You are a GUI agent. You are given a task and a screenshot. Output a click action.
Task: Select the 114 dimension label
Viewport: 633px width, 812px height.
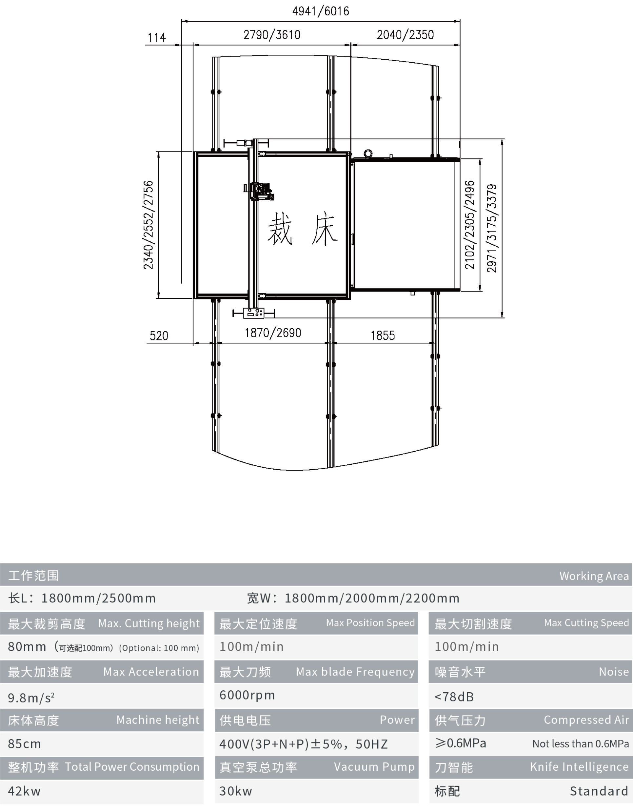pyautogui.click(x=156, y=38)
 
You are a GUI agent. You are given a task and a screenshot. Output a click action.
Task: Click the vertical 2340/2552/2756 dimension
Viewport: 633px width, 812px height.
pyautogui.click(x=148, y=225)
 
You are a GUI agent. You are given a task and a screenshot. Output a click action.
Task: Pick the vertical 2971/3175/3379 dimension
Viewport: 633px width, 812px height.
pyautogui.click(x=491, y=228)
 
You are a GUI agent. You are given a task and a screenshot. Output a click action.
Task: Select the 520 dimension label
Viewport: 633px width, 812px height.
pyautogui.click(x=159, y=336)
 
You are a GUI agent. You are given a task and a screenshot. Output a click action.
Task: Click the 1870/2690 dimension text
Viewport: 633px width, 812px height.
pyautogui.click(x=273, y=333)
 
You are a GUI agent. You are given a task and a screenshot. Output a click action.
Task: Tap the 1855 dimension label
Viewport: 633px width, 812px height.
pyautogui.click(x=383, y=335)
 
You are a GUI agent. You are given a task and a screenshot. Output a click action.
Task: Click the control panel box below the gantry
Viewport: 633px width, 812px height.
pyautogui.click(x=254, y=313)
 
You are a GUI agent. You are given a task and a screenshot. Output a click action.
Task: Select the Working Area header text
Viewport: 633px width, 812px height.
pyautogui.click(x=594, y=576)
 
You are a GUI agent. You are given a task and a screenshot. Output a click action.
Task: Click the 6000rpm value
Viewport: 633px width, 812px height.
pyautogui.click(x=247, y=695)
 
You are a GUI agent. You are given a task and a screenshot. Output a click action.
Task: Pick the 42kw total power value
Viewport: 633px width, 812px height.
pyautogui.click(x=24, y=791)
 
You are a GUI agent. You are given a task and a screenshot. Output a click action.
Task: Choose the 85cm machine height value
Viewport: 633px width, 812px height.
pyautogui.click(x=25, y=743)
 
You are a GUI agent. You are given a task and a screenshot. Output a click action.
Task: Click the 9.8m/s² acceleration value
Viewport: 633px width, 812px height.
pyautogui.click(x=31, y=698)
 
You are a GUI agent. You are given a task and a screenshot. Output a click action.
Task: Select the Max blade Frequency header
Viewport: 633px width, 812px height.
pyautogui.click(x=355, y=671)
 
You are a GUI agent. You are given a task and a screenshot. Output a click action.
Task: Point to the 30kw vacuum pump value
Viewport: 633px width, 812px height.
pyautogui.click(x=236, y=791)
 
